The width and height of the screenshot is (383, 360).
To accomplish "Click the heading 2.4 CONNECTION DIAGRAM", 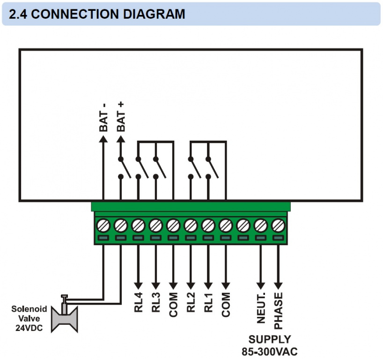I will coord(97,14).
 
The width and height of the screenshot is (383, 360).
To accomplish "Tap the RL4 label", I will coord(139,303).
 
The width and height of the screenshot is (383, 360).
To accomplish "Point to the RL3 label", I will coord(156,303).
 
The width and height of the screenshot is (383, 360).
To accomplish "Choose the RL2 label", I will coord(191,303).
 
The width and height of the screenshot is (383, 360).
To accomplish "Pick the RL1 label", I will coord(208,303).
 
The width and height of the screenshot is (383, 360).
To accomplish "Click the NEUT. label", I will coord(261,307).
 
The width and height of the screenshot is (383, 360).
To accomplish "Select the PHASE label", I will coord(279,310).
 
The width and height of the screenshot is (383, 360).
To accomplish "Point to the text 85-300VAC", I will coord(269,351).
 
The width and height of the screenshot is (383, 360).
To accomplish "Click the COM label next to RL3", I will coord(173,305).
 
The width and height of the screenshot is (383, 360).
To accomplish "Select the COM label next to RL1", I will coord(226,305).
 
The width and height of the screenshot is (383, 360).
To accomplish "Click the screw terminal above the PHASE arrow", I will coord(279,226).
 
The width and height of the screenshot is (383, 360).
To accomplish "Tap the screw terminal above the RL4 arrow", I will coord(138,226).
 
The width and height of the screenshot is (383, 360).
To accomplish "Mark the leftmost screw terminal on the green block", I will coord(103,226).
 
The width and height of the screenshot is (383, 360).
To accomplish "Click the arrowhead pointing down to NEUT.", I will coord(261,285).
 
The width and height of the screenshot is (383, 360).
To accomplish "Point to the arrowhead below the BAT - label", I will coord(103,138).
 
